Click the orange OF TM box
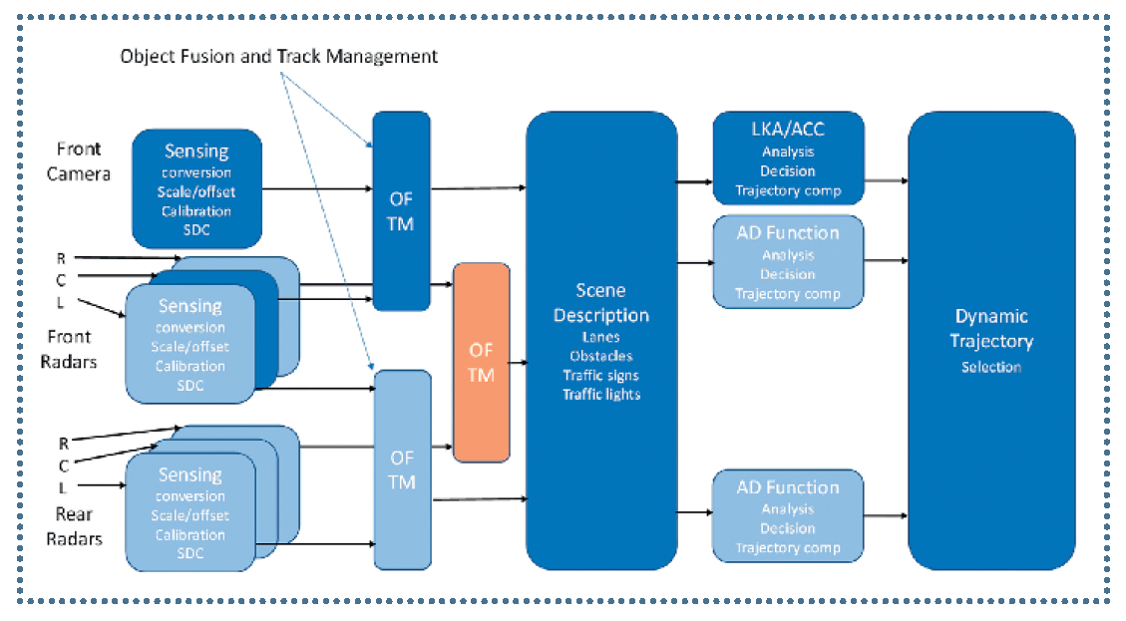point(481,362)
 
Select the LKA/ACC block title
point(788,130)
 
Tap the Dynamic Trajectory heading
point(991,328)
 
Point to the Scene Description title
point(599,302)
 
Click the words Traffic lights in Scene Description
point(600,394)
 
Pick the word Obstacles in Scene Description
point(600,356)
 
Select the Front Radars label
point(69,349)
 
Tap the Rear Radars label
point(73,525)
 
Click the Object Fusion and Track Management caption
point(278,56)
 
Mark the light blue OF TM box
point(401,469)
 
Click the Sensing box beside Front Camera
point(196,188)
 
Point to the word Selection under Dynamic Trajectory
point(991,367)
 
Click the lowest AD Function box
point(787,517)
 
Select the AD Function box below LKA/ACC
point(787,261)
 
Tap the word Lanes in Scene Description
point(600,337)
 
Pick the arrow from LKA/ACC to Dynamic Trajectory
point(886,180)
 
